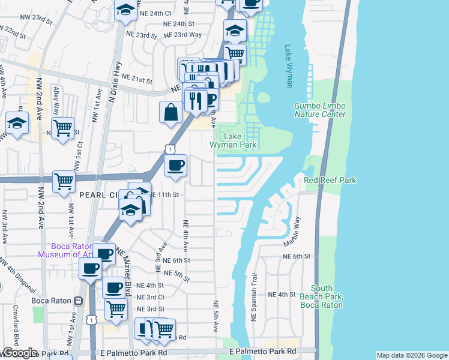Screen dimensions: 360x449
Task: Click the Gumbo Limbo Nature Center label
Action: pyautogui.click(x=319, y=110)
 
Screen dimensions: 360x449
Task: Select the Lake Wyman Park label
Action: pyautogui.click(x=233, y=140)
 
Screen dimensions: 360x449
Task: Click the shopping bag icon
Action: pyautogui.click(x=171, y=112)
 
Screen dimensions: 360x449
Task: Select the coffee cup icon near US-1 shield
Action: pyautogui.click(x=175, y=165)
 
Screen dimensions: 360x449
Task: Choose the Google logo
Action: pyautogui.click(x=20, y=353)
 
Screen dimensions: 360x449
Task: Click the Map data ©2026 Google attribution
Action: pyautogui.click(x=412, y=355)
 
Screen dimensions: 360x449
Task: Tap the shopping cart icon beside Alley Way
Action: pyautogui.click(x=62, y=128)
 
